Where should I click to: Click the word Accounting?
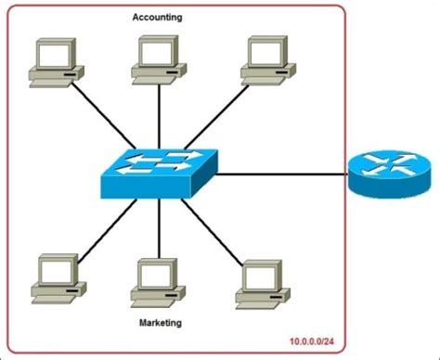(x=157, y=17)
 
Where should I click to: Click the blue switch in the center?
(x=157, y=173)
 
